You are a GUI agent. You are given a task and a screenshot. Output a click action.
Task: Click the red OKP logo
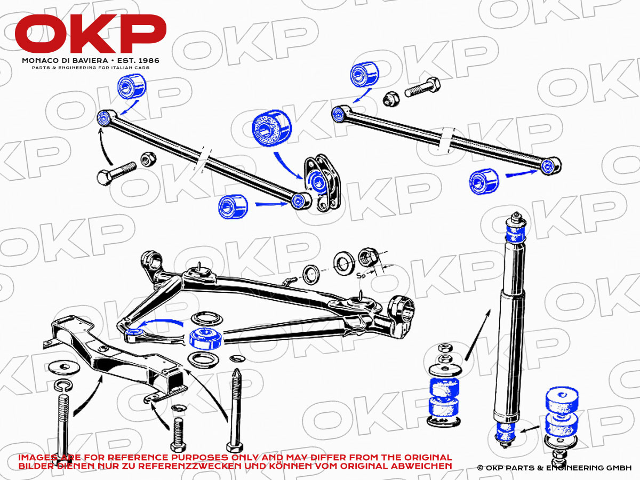coord(90,34)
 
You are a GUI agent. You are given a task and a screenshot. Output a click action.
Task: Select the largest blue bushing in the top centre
coord(271,128)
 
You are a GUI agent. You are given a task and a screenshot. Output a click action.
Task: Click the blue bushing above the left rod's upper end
coord(132,86)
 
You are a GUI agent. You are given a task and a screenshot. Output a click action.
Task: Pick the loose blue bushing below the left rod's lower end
coord(233,206)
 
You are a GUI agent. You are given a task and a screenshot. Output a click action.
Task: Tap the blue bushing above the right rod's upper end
coord(364,74)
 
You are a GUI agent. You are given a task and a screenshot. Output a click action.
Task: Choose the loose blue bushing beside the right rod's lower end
coord(484,181)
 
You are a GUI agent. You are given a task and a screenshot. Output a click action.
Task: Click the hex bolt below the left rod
coord(116,173)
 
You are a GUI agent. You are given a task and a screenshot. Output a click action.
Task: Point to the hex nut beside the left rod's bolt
coord(148,159)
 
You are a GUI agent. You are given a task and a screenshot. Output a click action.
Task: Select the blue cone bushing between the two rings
coord(205,339)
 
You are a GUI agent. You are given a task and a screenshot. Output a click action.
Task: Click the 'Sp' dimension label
coord(361,275)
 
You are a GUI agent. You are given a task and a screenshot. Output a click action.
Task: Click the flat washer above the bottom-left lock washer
coord(63,367)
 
